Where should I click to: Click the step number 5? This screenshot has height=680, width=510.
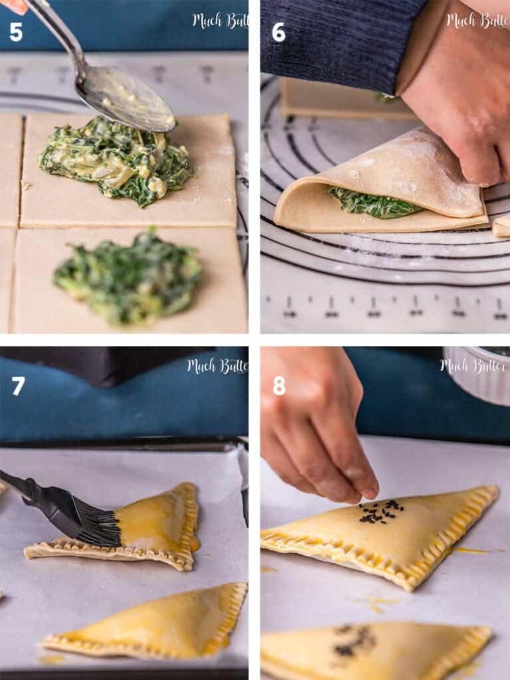click(16, 31)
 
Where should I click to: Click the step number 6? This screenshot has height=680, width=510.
click(278, 31)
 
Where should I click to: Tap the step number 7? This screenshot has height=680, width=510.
click(18, 386)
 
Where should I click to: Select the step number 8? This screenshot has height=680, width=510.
click(279, 386)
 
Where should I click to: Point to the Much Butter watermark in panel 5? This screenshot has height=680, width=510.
click(220, 21)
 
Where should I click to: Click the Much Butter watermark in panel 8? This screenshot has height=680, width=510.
click(473, 365)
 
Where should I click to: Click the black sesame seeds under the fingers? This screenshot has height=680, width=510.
click(381, 512)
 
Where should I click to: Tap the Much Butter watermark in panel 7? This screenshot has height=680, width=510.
click(217, 365)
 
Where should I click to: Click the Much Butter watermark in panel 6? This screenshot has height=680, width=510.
click(476, 21)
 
